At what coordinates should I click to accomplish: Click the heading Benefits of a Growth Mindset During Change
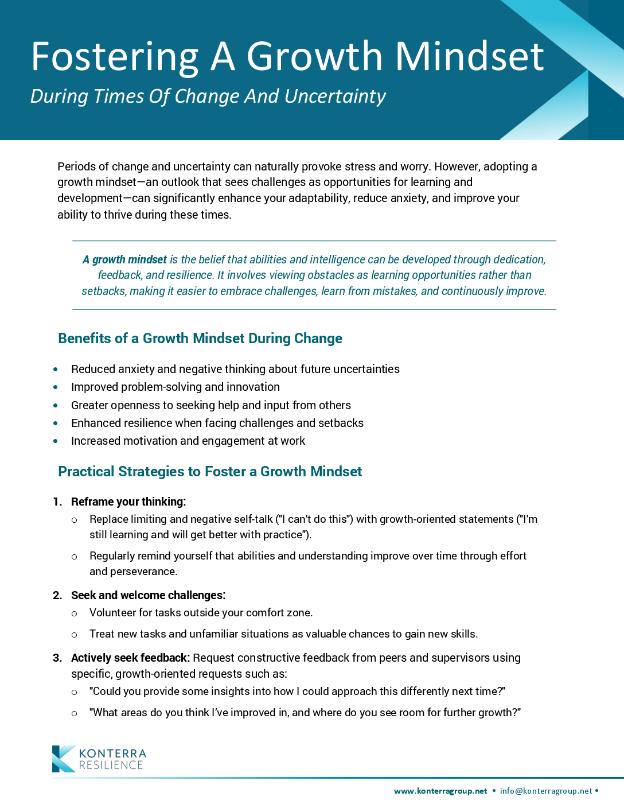click(200, 339)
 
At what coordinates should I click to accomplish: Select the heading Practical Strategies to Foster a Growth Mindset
click(210, 472)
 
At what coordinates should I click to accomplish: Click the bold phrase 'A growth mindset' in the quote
click(124, 260)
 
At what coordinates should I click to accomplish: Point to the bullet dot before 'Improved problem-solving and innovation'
click(56, 388)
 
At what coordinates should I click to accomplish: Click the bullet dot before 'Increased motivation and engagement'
click(56, 441)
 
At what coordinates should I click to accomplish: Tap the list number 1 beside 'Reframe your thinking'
click(57, 502)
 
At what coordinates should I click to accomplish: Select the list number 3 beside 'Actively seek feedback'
click(57, 658)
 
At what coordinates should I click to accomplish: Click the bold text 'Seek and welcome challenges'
click(147, 596)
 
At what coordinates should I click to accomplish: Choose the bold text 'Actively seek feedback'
click(130, 658)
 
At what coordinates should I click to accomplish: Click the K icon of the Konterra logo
click(63, 759)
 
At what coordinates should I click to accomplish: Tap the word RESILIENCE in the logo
click(111, 766)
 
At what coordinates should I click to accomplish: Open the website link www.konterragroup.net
click(440, 791)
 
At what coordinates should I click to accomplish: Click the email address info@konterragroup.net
click(546, 791)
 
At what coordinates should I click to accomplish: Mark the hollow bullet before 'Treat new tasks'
click(74, 635)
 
